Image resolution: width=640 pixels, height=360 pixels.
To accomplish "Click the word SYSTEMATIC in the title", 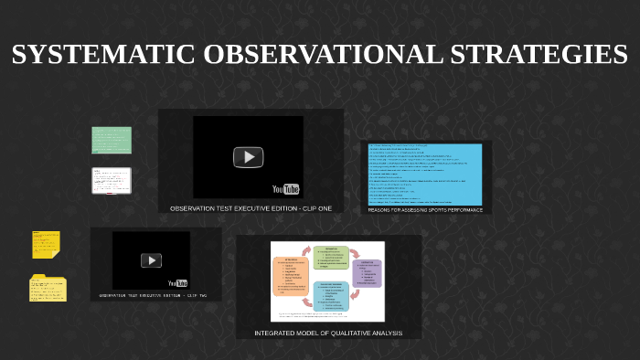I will point(103,55).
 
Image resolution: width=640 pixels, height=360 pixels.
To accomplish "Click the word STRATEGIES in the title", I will point(539,55).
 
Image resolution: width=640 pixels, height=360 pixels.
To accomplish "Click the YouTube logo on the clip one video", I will point(286,189).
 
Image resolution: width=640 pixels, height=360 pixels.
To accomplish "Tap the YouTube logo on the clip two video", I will point(177,283).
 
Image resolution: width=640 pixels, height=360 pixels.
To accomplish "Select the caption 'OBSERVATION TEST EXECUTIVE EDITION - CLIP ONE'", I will point(251,208).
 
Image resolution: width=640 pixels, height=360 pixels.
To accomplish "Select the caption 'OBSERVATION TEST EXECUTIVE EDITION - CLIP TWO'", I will point(153,295).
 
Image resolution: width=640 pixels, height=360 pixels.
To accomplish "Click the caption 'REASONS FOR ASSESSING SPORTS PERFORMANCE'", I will point(425,209).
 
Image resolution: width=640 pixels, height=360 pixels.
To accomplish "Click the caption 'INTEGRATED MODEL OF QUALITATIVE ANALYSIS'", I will point(328,333).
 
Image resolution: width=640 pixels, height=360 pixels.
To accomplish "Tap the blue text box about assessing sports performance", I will point(425,174).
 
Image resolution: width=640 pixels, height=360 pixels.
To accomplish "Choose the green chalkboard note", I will point(112,140).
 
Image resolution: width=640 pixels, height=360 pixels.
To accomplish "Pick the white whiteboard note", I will point(112,180).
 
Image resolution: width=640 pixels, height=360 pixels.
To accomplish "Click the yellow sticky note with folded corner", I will point(46,244).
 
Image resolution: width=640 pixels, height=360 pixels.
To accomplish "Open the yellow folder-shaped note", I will point(48,288).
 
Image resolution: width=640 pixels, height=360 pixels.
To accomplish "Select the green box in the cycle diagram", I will point(330,257).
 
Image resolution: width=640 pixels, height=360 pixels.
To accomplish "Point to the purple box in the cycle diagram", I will point(367,272).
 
